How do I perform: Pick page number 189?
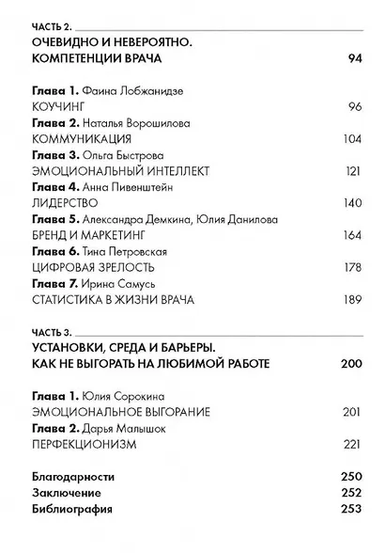pos(350,301)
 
